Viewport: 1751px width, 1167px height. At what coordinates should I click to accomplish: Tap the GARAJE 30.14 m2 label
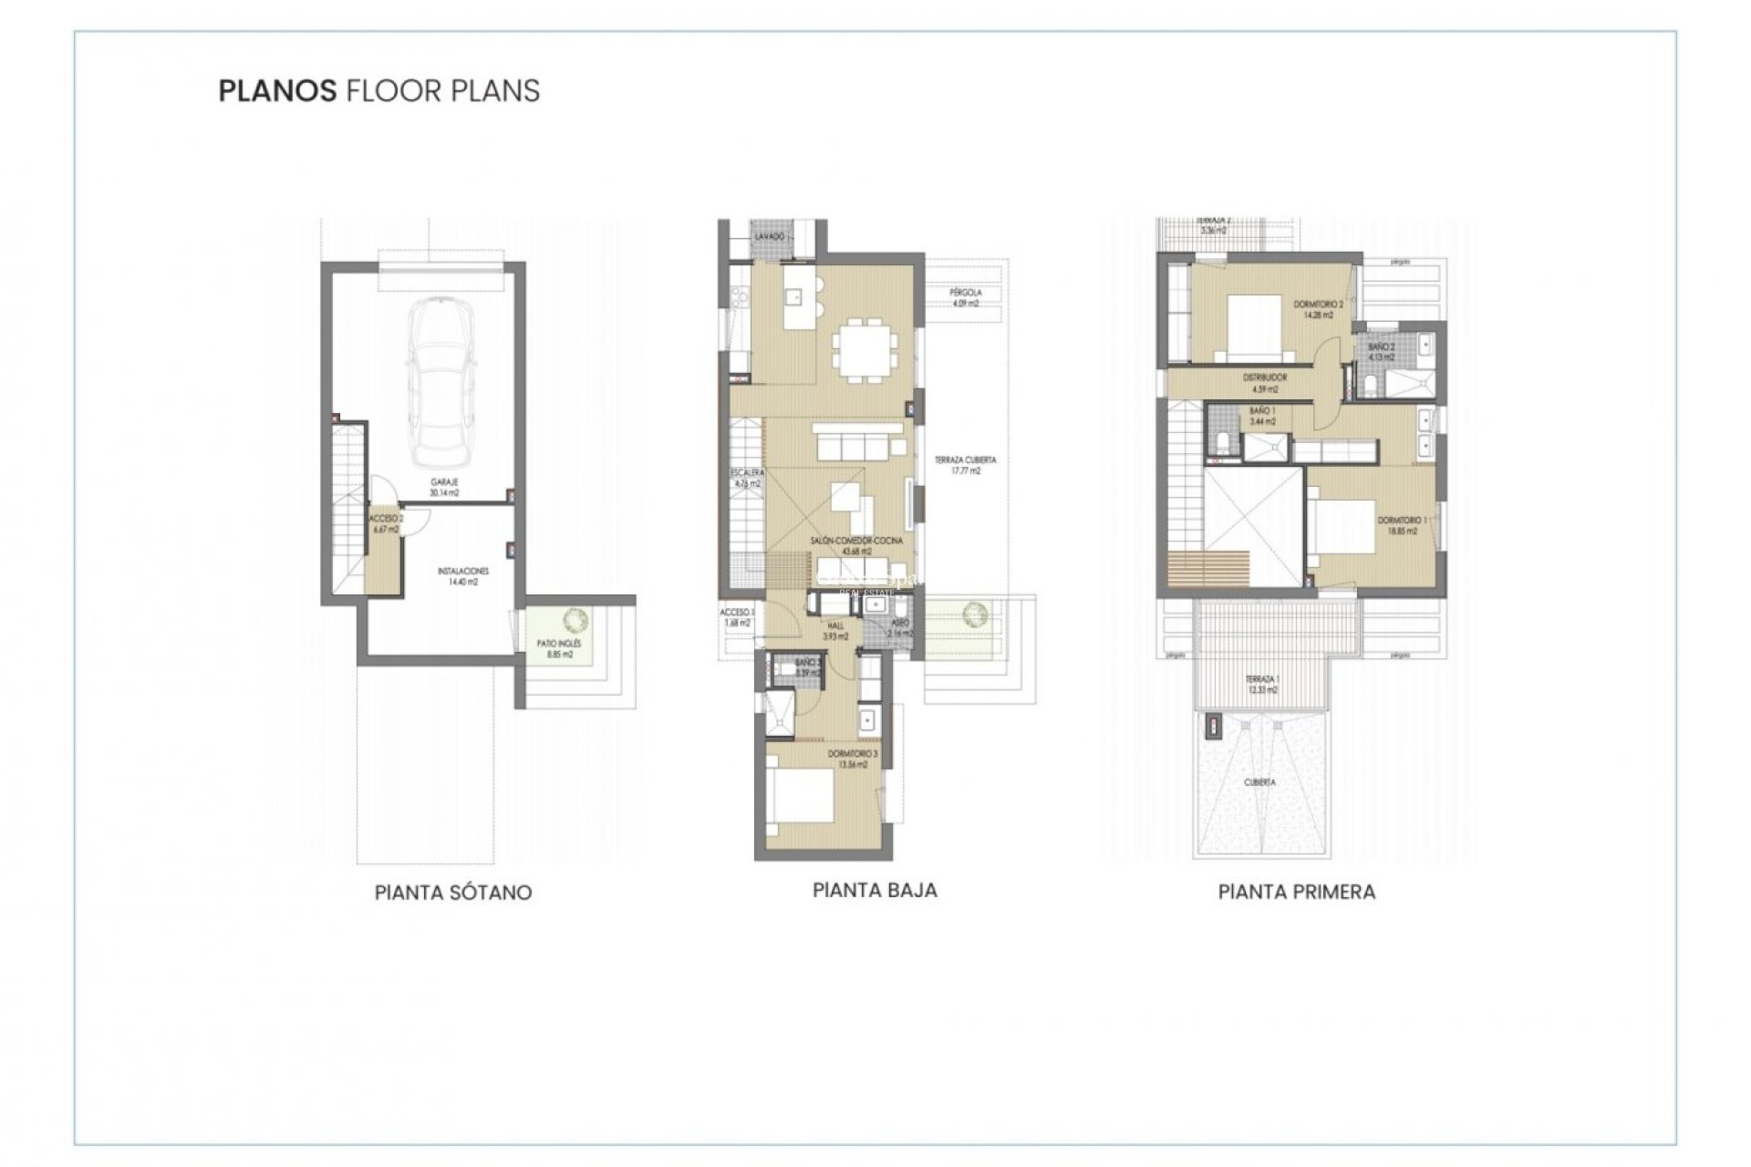tap(444, 487)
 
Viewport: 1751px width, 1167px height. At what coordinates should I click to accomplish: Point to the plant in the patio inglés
tap(575, 620)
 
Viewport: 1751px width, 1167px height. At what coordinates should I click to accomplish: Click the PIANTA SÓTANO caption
tap(452, 893)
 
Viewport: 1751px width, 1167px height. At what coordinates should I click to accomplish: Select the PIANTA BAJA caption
tap(875, 891)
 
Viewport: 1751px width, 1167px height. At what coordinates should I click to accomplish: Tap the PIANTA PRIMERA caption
tap(1296, 893)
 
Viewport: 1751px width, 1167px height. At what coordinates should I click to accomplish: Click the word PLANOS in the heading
tap(277, 91)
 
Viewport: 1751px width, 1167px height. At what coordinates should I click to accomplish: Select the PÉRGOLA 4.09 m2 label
tap(965, 297)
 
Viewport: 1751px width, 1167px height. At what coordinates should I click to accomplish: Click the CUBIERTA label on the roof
tap(1259, 782)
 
